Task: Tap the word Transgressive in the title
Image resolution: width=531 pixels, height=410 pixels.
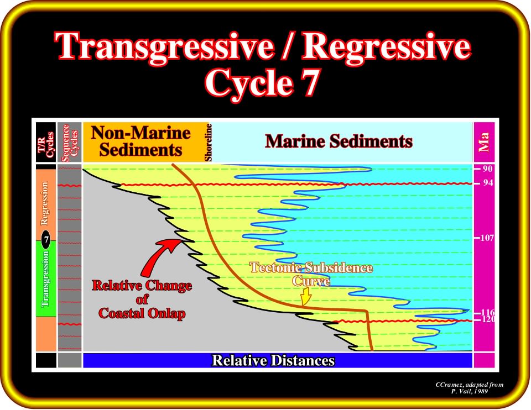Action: click(x=164, y=47)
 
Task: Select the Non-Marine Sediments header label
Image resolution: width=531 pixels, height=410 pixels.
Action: click(x=140, y=141)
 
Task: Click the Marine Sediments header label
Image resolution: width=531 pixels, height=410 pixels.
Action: click(x=339, y=141)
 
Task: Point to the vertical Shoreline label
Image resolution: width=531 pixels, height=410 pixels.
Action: click(x=209, y=143)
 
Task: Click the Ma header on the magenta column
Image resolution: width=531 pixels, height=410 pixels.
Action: click(x=483, y=142)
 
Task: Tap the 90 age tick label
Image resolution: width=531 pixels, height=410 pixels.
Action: click(x=487, y=169)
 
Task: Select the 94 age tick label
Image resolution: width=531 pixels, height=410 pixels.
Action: click(x=487, y=183)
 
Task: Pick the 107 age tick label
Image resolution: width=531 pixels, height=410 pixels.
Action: click(x=487, y=238)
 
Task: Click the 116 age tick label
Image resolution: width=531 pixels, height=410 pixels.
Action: click(x=487, y=312)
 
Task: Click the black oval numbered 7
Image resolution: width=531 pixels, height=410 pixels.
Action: click(x=46, y=240)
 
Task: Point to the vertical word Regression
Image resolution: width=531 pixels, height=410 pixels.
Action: click(x=44, y=203)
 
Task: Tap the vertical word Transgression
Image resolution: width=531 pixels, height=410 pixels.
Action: click(x=45, y=278)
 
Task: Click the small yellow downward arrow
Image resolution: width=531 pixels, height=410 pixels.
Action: click(x=306, y=297)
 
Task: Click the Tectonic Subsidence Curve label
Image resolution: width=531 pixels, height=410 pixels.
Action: click(x=311, y=275)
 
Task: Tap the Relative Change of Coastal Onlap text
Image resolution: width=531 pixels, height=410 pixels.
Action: click(x=142, y=299)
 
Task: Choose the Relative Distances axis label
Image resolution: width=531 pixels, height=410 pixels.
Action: click(x=273, y=360)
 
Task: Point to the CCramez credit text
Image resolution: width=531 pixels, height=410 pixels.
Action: click(x=470, y=388)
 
